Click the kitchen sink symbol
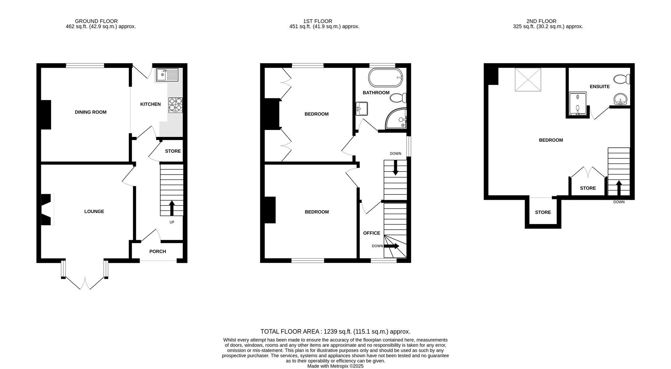(167, 75)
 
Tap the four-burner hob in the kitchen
(175, 105)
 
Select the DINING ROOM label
(91, 112)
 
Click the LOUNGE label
(94, 212)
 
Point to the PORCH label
(157, 251)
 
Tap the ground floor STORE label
(173, 151)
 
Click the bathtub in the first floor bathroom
(385, 78)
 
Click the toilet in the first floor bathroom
(398, 98)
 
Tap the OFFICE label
(371, 233)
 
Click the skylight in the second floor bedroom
(528, 80)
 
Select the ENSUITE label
(600, 87)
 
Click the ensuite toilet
(622, 80)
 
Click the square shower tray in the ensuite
(578, 104)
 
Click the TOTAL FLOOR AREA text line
(335, 332)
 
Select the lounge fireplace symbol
(47, 210)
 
